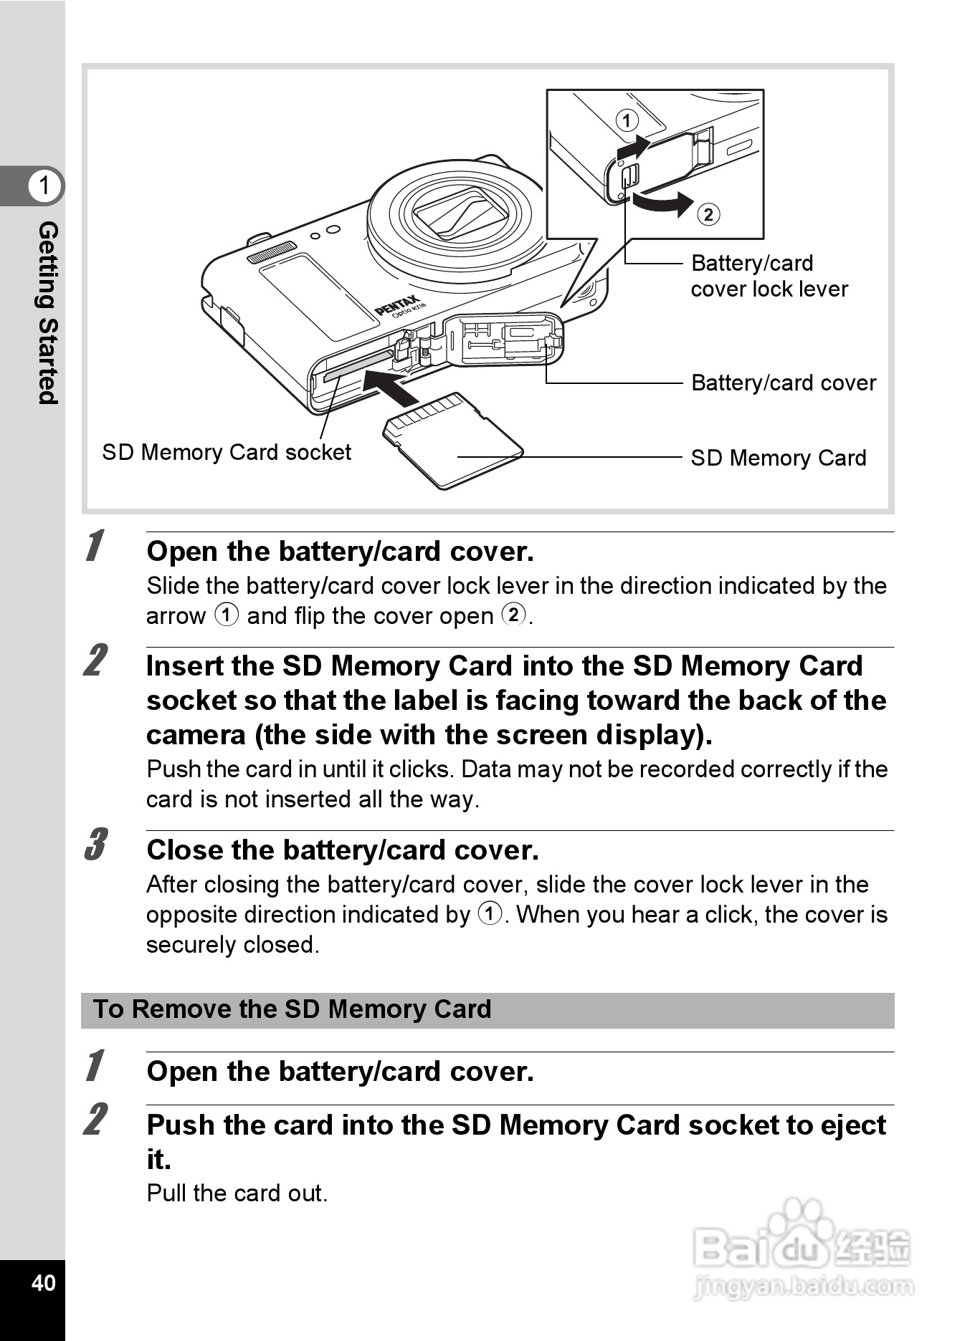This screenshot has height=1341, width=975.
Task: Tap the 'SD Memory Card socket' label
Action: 227,453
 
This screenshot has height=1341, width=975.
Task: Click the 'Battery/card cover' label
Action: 783,383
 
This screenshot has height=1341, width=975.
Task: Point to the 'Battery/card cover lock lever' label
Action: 769,276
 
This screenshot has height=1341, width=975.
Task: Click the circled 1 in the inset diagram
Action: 627,120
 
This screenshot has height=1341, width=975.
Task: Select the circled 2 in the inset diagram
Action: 708,214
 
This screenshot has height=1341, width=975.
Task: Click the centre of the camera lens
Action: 460,213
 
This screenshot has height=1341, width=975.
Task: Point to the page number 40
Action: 43,1282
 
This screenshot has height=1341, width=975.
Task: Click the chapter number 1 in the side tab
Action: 44,186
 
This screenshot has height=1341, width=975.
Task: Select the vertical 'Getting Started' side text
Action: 47,312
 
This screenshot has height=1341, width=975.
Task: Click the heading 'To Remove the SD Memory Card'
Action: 292,1009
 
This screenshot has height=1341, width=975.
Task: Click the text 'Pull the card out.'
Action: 237,1193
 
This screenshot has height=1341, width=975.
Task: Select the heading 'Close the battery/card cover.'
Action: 342,850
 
